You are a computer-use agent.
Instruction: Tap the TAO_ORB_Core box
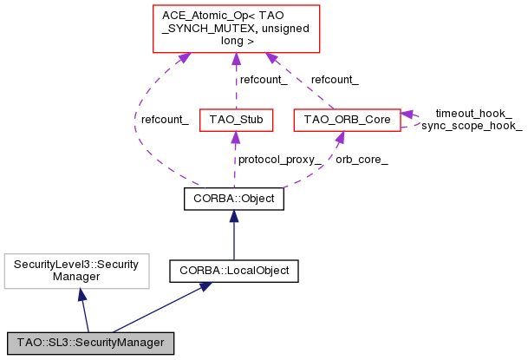click(347, 118)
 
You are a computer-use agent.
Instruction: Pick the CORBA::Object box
click(234, 199)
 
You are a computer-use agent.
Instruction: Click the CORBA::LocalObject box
click(234, 271)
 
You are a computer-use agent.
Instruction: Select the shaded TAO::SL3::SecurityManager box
click(90, 343)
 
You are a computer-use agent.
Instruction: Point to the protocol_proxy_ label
click(279, 160)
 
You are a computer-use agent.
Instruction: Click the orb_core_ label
click(362, 160)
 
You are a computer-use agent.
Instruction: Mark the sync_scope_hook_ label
click(472, 126)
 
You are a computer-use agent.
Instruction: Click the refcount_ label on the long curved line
click(165, 120)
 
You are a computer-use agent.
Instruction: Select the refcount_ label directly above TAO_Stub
click(264, 80)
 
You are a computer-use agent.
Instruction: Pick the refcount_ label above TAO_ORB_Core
click(335, 80)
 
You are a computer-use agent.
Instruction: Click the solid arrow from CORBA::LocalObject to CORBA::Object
click(234, 234)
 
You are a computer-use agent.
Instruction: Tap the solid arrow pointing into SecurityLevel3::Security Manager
click(83, 308)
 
